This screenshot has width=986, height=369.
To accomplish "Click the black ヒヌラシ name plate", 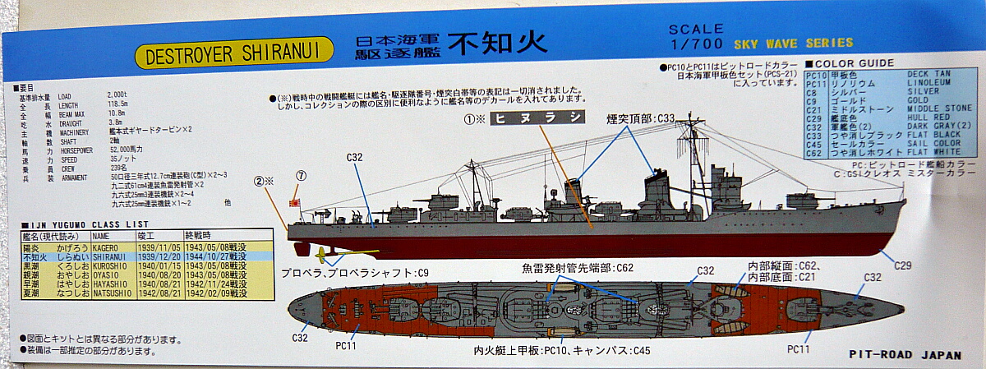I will (538, 118).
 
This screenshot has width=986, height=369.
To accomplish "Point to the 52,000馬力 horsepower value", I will (125, 150).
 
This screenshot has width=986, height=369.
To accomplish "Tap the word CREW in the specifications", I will (68, 167).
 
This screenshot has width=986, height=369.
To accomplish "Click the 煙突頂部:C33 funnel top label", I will (642, 118).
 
